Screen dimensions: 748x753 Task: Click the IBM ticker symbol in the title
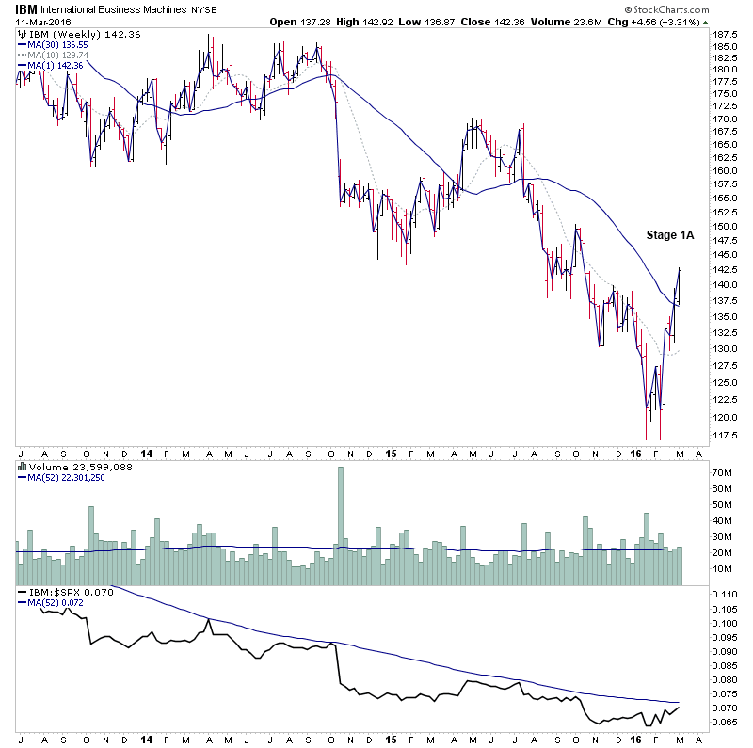coord(25,8)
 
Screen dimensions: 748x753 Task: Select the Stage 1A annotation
coord(669,235)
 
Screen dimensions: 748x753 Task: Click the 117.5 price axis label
coord(724,435)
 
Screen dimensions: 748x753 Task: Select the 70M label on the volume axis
coord(722,474)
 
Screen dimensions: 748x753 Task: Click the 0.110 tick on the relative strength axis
coord(724,595)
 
